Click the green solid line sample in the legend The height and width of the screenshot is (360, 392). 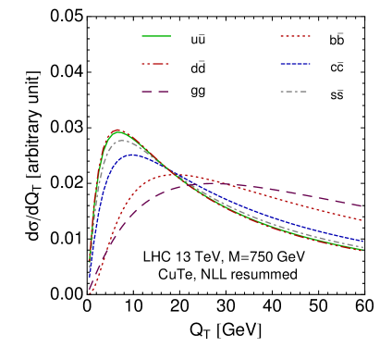[156, 36]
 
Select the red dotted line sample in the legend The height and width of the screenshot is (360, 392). [295, 36]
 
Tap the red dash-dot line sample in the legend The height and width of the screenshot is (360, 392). [156, 64]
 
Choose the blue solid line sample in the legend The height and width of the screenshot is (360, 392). [295, 64]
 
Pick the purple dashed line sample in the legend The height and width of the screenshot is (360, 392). [156, 92]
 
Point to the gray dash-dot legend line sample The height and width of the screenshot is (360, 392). [295, 92]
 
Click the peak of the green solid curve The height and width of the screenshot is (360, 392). [117, 131]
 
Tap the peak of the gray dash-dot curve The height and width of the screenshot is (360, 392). [120, 141]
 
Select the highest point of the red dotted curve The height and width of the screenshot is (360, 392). [178, 174]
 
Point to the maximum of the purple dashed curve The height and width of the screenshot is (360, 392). [227, 184]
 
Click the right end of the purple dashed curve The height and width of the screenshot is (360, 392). [361, 205]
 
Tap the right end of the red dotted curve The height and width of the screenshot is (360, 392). [361, 220]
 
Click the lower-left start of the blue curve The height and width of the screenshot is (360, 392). [90, 276]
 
